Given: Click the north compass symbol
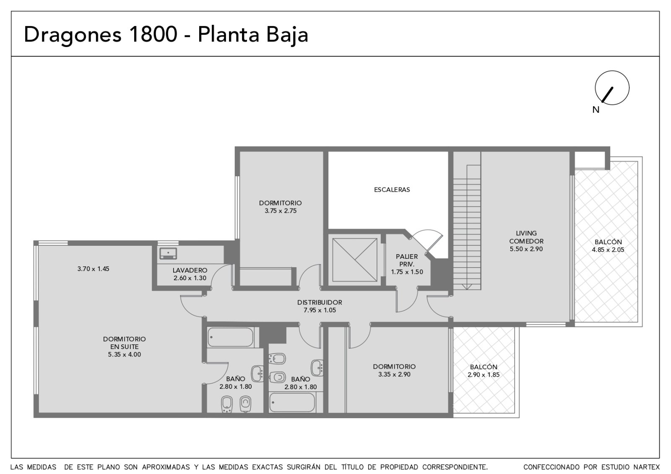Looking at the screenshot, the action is [612, 88].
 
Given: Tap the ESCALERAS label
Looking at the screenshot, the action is [392, 190].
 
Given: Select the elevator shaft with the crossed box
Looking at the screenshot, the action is [355, 260].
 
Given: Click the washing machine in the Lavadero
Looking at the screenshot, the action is [168, 253].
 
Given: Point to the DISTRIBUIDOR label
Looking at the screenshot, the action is [320, 302].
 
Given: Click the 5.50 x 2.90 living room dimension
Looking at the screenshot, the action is [526, 249].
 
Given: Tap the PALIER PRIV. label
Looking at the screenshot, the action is [407, 260].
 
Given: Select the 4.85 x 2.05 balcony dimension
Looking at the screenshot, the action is [608, 250].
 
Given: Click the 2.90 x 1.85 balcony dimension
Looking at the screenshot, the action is [484, 375].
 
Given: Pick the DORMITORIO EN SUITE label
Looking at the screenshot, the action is [124, 343].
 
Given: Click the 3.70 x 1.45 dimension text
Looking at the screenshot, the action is [93, 269].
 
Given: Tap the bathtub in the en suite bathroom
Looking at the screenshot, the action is [231, 337].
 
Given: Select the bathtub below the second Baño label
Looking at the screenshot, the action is [292, 402].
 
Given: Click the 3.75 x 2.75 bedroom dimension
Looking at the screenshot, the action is [281, 211].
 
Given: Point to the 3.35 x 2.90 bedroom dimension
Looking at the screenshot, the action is [394, 375].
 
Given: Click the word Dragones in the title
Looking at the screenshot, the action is [73, 35].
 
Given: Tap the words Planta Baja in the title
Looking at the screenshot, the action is [253, 35].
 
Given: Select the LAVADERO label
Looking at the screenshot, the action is [190, 270].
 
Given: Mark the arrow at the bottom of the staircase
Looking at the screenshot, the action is [467, 287].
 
